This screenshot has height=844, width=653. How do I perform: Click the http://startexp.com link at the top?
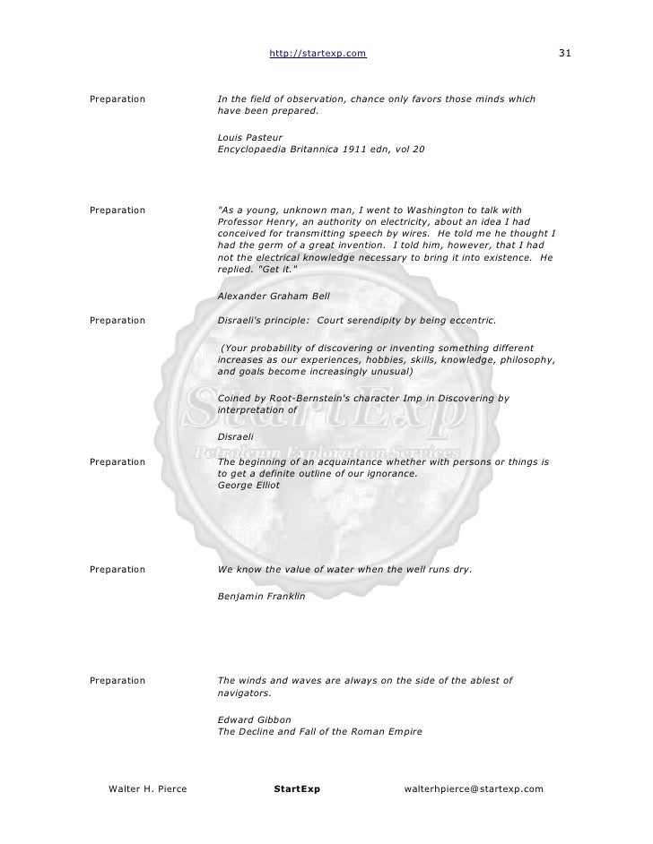318,56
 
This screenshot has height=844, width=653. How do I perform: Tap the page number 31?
565,56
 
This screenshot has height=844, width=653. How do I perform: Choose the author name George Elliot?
248,485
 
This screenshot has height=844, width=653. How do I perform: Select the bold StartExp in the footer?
297,788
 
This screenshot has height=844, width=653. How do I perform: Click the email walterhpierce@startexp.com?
474,788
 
